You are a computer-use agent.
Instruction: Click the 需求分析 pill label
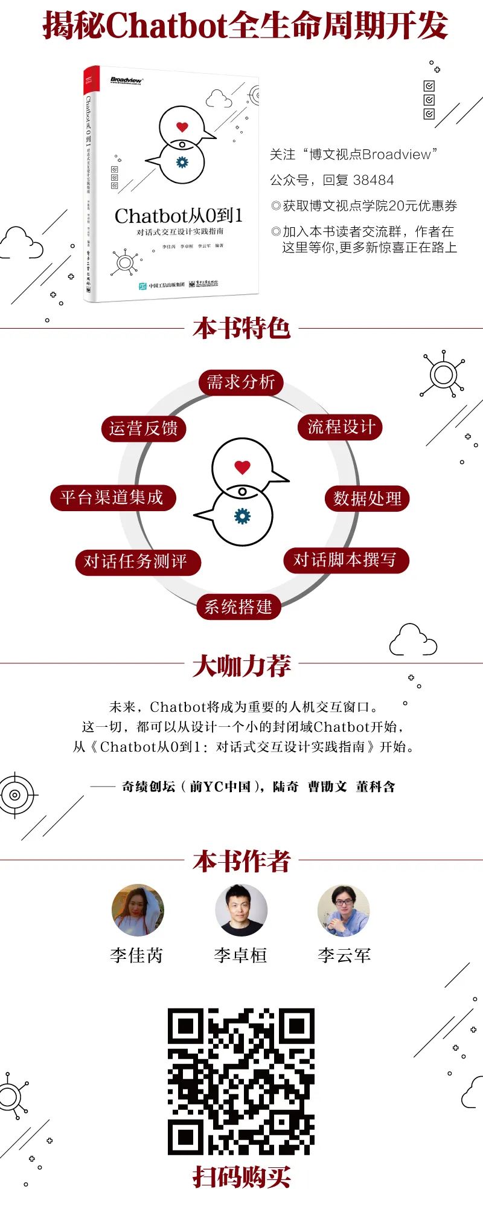pos(241,382)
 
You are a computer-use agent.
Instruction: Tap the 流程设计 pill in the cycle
pos(341,427)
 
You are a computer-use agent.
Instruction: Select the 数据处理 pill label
pos(367,498)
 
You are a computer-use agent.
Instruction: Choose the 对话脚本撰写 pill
pos(346,560)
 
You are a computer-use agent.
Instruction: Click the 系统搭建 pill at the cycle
pos(238,607)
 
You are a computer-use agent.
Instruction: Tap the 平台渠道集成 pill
pos(113,497)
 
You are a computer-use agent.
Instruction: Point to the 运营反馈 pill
pos(144,428)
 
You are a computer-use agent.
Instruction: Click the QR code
pos(241,1082)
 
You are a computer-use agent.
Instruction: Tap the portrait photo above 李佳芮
pos(138,911)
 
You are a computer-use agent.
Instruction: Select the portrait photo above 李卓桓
pos(241,911)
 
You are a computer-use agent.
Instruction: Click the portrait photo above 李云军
pos(344,911)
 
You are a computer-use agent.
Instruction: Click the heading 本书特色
pos(241,328)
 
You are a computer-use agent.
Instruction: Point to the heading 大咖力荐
pos(241,665)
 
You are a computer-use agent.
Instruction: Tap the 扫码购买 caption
pos(241,1177)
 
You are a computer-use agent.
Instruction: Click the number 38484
pos(373,180)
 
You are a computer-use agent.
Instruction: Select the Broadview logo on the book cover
pos(126,80)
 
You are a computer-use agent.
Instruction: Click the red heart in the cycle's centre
pos(242,467)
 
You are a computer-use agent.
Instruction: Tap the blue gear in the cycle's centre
pos(242,516)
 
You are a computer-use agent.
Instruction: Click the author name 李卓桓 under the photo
pos(240,955)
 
